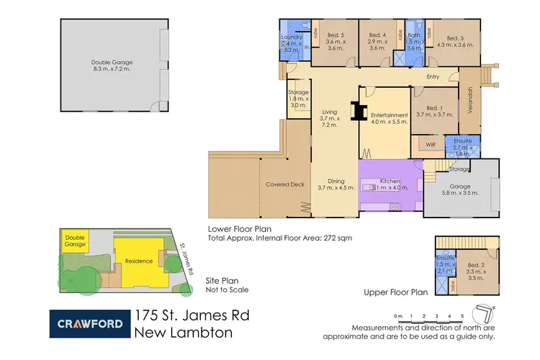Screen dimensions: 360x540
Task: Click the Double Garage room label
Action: tap(112, 63)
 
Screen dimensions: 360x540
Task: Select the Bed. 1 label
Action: tap(433, 109)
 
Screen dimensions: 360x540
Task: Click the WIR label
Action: tap(431, 145)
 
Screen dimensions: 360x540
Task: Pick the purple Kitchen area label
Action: tap(389, 184)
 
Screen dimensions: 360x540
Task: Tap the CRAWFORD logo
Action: tap(89, 323)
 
